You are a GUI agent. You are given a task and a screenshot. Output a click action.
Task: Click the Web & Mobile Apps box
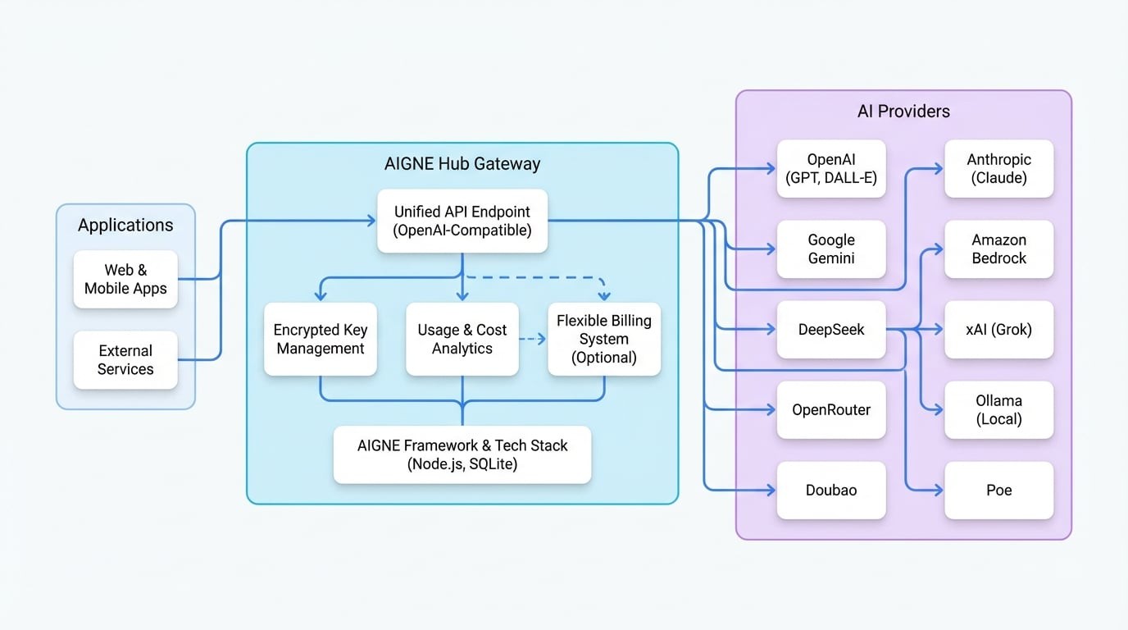(x=125, y=280)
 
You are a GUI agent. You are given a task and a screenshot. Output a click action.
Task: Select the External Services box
(x=125, y=360)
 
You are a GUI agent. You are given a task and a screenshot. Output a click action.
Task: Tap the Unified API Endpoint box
(x=462, y=221)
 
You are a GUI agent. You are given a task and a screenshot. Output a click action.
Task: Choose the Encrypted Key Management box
(x=321, y=340)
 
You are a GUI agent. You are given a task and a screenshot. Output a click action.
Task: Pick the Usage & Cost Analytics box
(x=462, y=340)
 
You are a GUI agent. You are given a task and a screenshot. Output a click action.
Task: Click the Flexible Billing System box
(x=604, y=340)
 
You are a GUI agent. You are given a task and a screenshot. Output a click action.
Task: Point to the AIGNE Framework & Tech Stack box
(x=462, y=454)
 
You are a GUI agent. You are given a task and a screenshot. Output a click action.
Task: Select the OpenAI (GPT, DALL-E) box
(x=831, y=169)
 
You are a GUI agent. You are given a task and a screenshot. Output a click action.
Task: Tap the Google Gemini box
(x=831, y=249)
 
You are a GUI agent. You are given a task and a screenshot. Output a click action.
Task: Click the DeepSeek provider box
(x=831, y=330)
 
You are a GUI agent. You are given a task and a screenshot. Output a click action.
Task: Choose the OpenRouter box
(x=831, y=410)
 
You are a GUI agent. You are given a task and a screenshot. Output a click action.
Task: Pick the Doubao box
(x=831, y=491)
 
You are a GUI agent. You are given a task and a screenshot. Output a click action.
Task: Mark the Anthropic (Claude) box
(x=998, y=169)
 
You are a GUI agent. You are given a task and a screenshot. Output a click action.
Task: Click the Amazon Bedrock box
(x=998, y=249)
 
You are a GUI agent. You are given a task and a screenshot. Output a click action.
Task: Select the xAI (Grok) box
(x=998, y=330)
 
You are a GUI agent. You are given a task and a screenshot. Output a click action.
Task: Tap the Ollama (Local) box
(x=998, y=410)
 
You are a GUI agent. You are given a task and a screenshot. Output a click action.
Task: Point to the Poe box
(x=998, y=491)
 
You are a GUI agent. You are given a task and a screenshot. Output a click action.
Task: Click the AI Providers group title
(x=903, y=112)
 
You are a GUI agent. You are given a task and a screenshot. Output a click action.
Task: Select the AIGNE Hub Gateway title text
(x=462, y=164)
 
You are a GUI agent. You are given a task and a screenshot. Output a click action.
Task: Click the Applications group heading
(x=125, y=226)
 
